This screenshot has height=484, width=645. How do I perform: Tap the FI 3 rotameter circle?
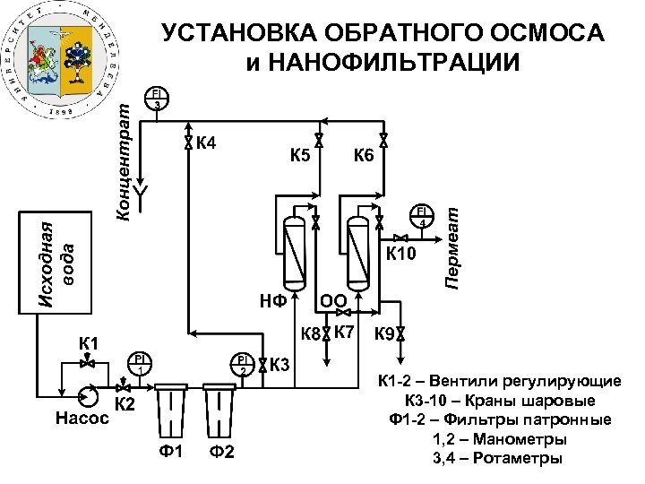point(157,99)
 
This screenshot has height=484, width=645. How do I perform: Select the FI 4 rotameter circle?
point(419,216)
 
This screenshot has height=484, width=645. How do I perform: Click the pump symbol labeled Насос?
point(88,395)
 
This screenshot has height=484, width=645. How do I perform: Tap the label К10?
point(400,255)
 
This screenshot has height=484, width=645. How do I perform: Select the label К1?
point(89,342)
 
